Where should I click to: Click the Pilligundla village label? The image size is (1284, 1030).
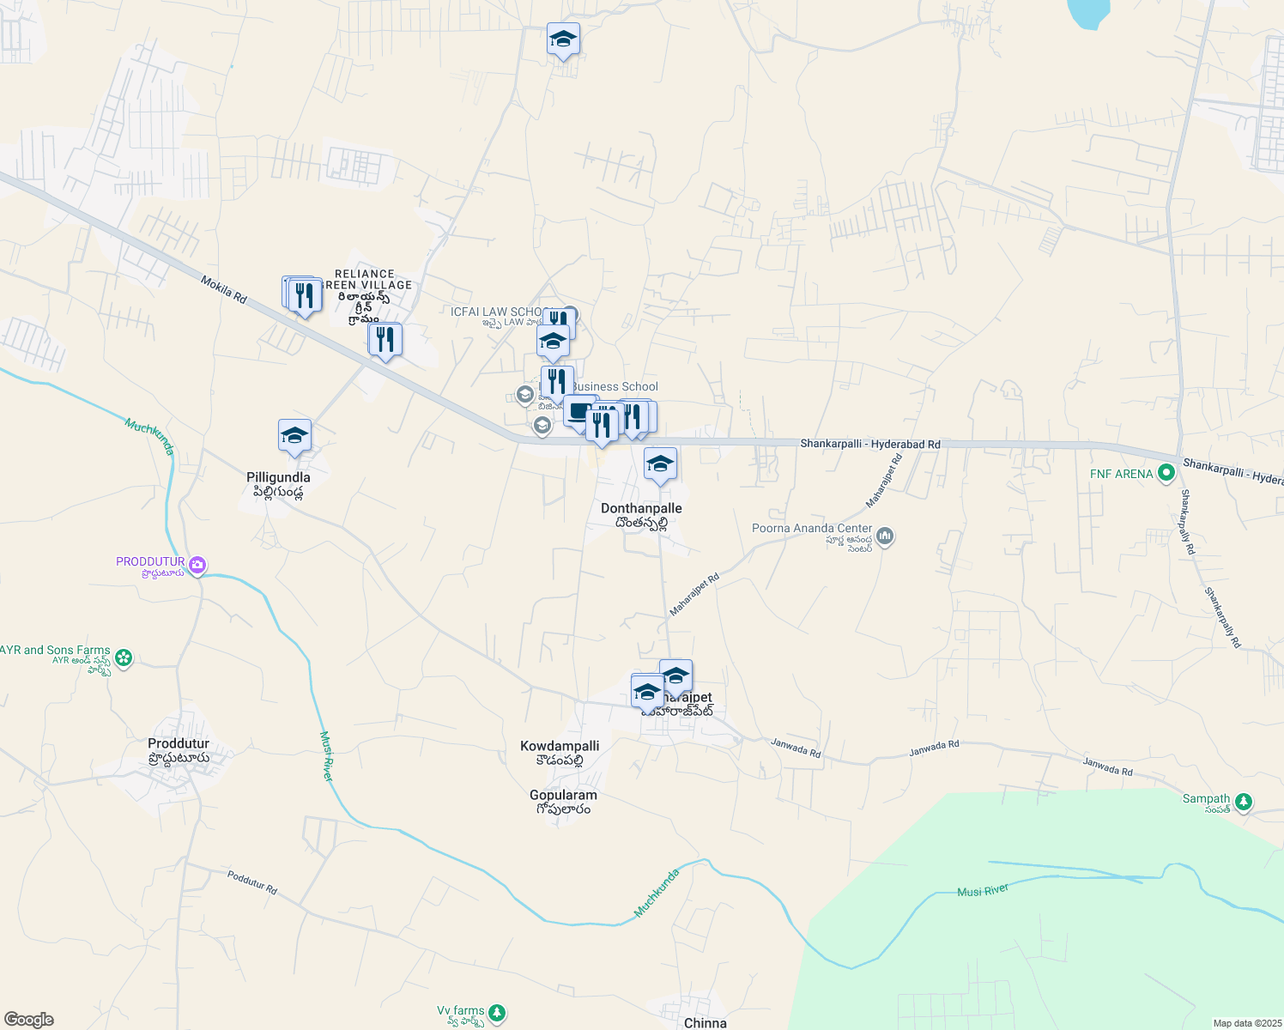click(x=278, y=477)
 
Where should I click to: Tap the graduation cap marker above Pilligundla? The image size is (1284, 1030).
click(x=294, y=436)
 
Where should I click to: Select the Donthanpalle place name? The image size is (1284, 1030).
click(x=641, y=508)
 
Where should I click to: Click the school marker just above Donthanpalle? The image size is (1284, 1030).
click(x=659, y=464)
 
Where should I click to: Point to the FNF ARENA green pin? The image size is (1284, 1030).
click(x=1166, y=473)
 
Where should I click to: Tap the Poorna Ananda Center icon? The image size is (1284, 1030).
click(x=885, y=536)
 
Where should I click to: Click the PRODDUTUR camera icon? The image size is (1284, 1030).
click(x=198, y=565)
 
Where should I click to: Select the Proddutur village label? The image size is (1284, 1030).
click(x=179, y=743)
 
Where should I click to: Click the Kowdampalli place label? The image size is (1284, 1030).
click(x=560, y=746)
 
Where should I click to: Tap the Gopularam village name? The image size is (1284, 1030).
click(x=563, y=795)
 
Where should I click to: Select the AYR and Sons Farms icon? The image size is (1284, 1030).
click(x=124, y=658)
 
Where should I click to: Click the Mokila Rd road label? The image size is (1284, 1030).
click(x=224, y=289)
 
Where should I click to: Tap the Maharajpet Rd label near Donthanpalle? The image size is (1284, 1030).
click(x=694, y=594)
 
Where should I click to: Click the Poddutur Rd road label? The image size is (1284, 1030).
click(x=252, y=882)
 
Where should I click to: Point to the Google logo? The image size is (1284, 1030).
click(x=28, y=1020)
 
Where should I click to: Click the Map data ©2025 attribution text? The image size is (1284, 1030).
click(x=1246, y=1023)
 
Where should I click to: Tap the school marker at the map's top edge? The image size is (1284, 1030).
click(x=563, y=39)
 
